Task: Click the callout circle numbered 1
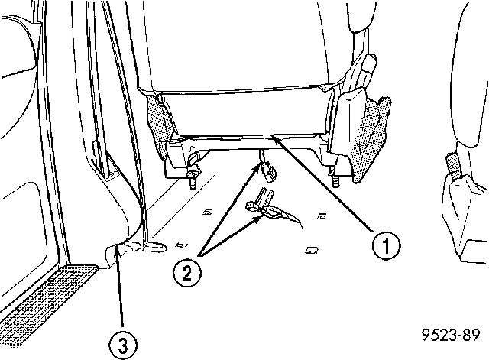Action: coord(386,245)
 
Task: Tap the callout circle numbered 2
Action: coord(187,274)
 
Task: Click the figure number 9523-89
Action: coord(451,335)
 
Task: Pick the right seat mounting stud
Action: coord(335,182)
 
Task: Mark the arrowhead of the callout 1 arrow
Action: coord(276,139)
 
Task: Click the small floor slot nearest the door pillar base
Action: coord(181,245)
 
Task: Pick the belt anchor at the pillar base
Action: coord(154,246)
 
